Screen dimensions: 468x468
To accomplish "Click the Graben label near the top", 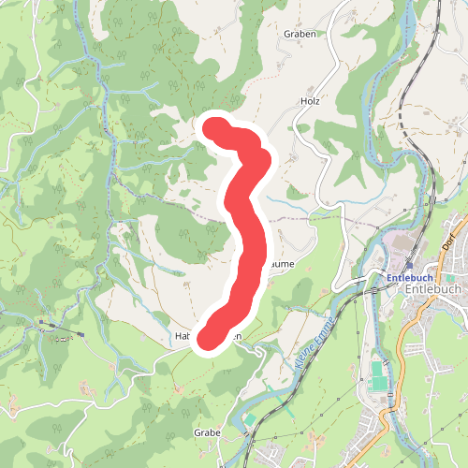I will (x=300, y=33).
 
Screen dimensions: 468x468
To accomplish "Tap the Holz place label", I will (x=311, y=99).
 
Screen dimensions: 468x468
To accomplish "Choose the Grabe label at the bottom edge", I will (x=207, y=433).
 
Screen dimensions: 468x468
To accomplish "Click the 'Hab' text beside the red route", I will (x=183, y=336).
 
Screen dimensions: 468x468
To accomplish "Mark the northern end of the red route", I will (x=215, y=127).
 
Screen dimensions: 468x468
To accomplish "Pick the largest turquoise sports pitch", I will (x=376, y=376).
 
